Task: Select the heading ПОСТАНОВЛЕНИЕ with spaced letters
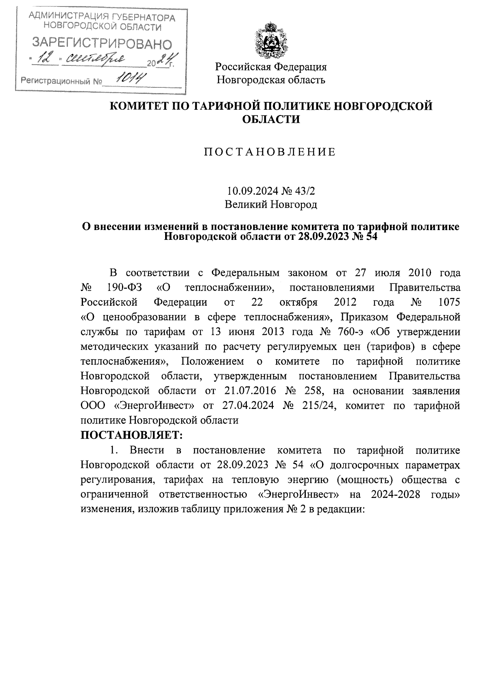click(270, 152)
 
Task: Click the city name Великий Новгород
click(271, 204)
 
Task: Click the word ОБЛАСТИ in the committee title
click(271, 119)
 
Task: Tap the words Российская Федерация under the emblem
click(271, 66)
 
